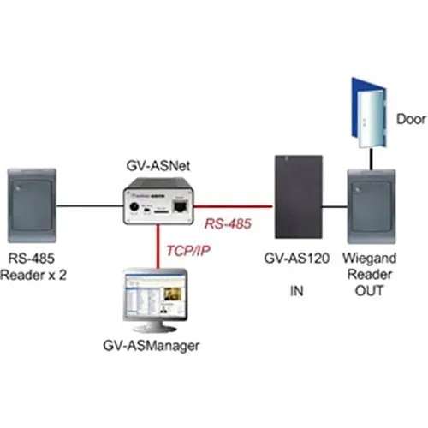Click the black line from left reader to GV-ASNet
coord(90,205)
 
